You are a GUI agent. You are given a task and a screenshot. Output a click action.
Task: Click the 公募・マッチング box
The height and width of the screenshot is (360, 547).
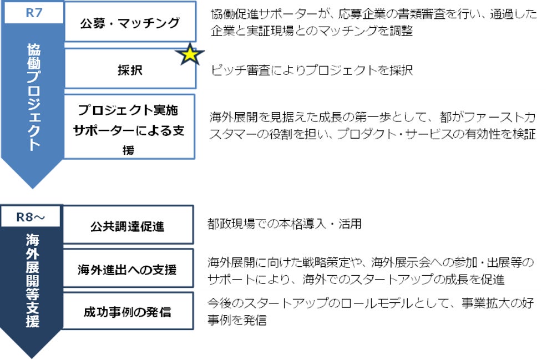(x=130, y=23)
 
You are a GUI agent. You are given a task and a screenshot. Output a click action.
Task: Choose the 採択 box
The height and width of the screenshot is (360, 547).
(x=130, y=70)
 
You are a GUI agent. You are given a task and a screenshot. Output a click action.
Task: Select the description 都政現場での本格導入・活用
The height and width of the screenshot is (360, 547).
(x=285, y=224)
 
